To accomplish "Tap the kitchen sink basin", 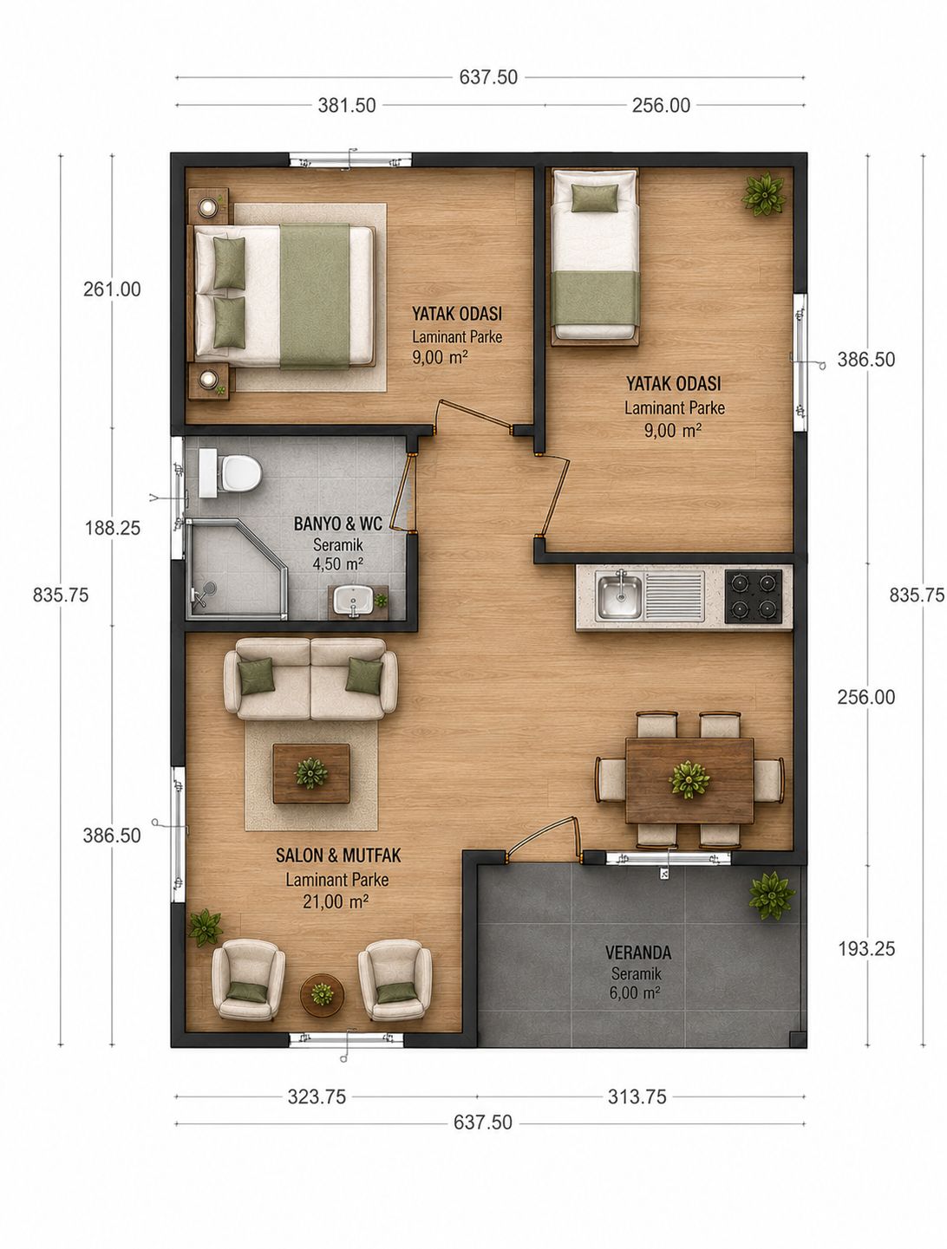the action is click(620, 595).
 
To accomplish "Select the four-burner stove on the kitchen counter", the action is click(753, 595).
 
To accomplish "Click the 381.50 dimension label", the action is click(347, 105).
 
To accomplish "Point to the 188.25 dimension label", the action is click(113, 528).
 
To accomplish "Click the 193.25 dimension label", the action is click(865, 948).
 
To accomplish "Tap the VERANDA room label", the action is click(638, 952).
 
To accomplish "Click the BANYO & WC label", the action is click(338, 524).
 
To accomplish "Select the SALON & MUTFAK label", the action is click(338, 855).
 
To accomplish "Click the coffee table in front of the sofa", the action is click(311, 773).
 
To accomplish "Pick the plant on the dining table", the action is click(689, 779).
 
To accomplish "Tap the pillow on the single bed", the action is click(595, 198).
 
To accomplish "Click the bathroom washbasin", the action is click(353, 601).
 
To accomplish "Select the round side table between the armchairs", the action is click(322, 995).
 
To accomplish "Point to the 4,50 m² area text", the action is click(338, 564).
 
